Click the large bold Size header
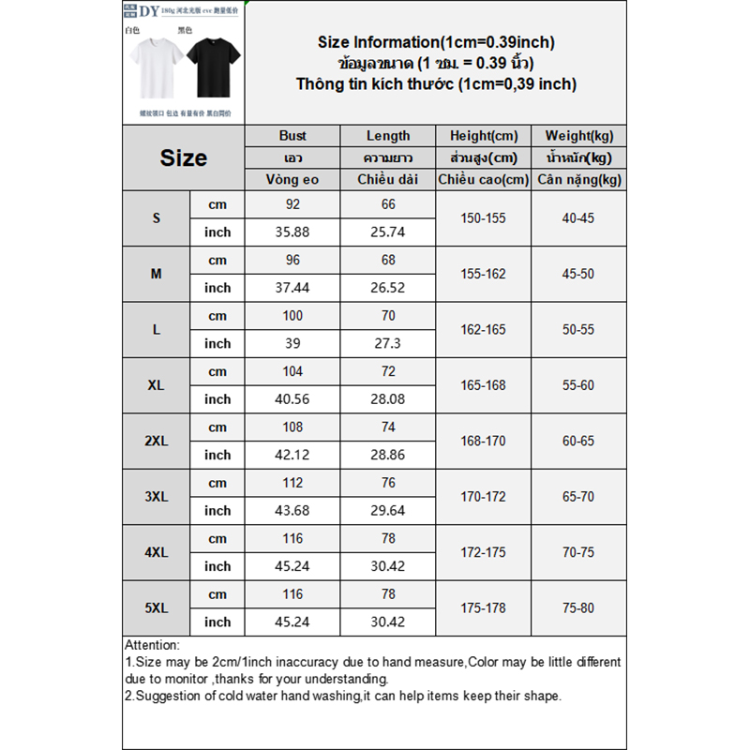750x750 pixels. [x=183, y=157]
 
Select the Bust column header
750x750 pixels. [x=292, y=136]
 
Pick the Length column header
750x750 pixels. [x=388, y=136]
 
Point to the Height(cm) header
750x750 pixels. [x=484, y=136]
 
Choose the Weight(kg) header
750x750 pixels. [x=578, y=136]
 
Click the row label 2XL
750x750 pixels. [x=157, y=441]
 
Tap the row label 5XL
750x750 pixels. [x=157, y=607]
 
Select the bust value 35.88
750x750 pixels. [x=292, y=232]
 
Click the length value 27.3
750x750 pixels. [x=388, y=343]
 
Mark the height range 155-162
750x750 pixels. [x=484, y=274]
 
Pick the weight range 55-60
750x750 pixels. [x=578, y=385]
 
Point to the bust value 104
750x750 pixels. [x=292, y=371]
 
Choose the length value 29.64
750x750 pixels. [x=388, y=510]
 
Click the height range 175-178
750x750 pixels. [x=484, y=607]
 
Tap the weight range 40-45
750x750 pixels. [x=578, y=217]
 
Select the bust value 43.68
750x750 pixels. [x=292, y=510]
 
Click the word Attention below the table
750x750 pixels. [x=151, y=645]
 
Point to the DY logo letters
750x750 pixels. [x=148, y=12]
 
